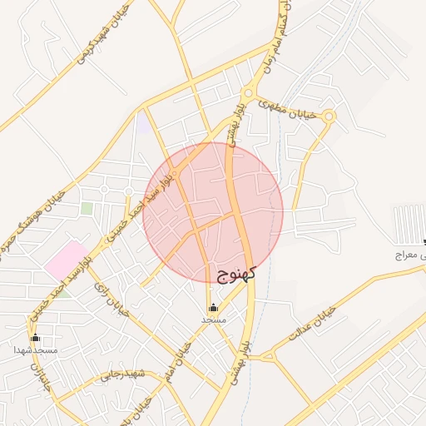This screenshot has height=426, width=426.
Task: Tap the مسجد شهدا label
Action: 35,350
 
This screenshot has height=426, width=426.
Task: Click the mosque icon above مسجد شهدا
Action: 35,338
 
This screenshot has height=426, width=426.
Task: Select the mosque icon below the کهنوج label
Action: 213,306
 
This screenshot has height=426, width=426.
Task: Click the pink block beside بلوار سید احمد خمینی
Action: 67,260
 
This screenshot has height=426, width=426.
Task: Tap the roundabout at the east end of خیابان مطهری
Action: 329,117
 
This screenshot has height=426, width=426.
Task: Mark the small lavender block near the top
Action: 143,123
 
